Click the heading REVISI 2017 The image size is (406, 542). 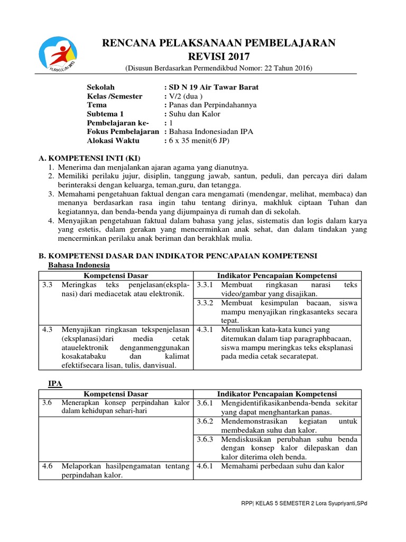tap(218, 57)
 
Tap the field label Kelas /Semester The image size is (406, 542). tap(115, 96)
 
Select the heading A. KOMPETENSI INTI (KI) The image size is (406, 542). tap(90, 158)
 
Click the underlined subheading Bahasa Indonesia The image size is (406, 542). tap(76, 265)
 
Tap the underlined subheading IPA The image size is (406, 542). tap(55, 383)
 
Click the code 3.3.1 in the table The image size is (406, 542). tap(205, 285)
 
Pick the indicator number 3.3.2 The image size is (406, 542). tap(205, 303)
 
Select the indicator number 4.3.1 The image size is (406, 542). tap(205, 329)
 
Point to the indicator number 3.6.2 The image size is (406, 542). tap(205, 421)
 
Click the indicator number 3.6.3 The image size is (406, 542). tap(205, 439)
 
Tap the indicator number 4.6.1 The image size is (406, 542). tap(205, 466)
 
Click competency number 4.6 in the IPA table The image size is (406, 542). tap(48, 466)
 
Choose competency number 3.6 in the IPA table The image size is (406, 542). tap(48, 403)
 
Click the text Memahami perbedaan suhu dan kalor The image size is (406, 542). tap(283, 466)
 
